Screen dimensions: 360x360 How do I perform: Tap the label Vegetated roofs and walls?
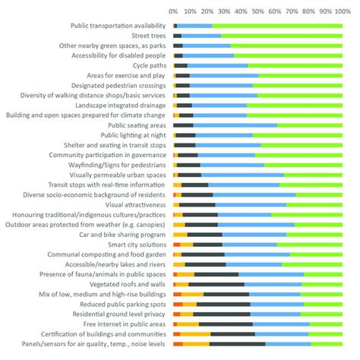132,284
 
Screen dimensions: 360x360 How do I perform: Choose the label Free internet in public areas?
129,324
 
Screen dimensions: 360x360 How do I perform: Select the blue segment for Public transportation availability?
194,26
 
